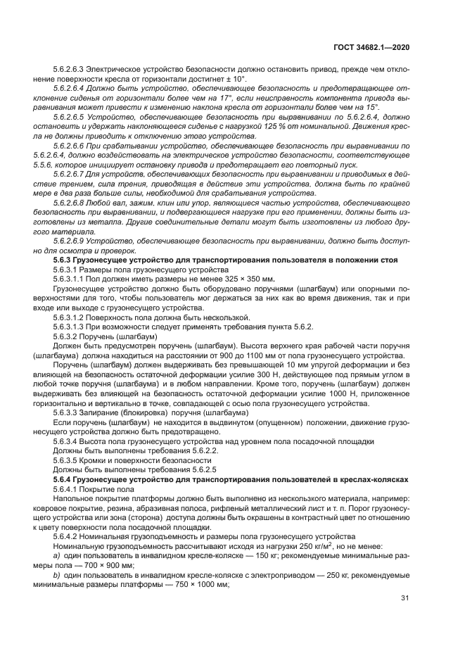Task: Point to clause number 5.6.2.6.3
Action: (x=72, y=89)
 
